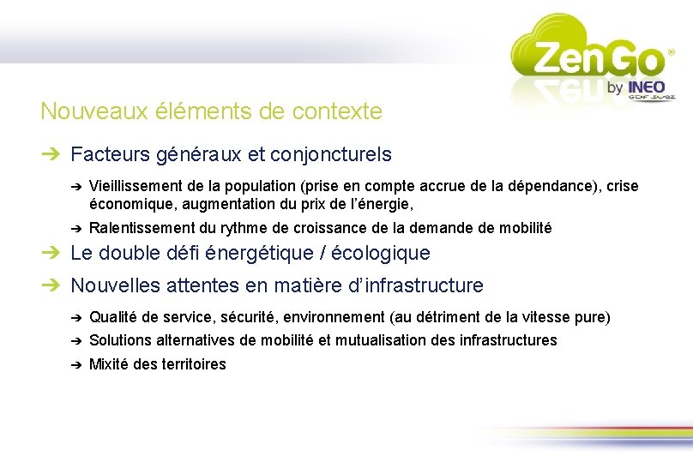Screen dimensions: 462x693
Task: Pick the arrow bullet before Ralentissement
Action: click(x=75, y=228)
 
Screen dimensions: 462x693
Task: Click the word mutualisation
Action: click(x=380, y=340)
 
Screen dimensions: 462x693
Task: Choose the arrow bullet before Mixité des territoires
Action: click(x=75, y=364)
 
